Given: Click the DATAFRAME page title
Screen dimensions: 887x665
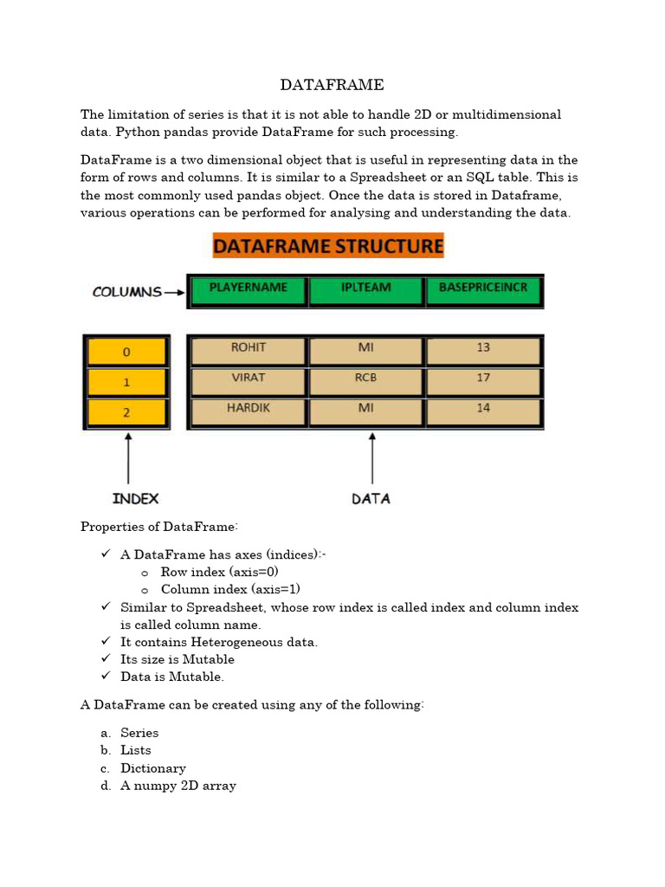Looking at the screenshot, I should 332,85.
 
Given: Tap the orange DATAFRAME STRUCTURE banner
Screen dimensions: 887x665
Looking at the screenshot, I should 328,246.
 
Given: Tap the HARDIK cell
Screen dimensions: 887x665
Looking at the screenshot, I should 248,411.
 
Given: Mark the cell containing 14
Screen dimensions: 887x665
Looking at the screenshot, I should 483,411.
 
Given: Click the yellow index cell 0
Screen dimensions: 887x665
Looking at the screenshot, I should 126,352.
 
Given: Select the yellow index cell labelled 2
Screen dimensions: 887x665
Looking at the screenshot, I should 126,412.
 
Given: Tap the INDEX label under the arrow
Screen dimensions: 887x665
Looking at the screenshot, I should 136,498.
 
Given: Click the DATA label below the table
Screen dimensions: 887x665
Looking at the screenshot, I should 371,498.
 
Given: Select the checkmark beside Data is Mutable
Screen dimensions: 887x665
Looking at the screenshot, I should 106,676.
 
